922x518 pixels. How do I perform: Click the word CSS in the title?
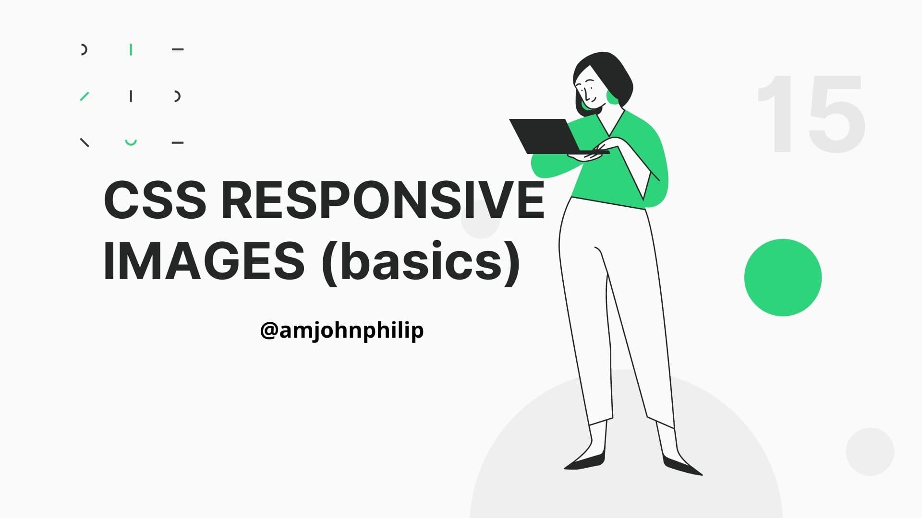coord(155,200)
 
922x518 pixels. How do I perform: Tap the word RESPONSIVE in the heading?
coord(383,200)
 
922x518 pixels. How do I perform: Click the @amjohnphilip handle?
coord(342,330)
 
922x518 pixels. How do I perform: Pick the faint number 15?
coord(811,114)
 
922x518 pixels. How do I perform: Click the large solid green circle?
coord(783,277)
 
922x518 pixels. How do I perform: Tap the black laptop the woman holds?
coord(552,137)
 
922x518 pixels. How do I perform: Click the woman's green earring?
coord(613,96)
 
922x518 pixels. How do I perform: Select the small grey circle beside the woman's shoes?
coord(870,451)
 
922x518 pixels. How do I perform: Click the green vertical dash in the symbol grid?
coord(131,49)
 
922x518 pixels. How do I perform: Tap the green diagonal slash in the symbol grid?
coord(85,96)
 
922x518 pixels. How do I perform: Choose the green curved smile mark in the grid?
coord(131,143)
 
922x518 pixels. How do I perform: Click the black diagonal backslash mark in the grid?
coord(85,142)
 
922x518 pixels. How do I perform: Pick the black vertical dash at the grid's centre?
coord(131,96)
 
